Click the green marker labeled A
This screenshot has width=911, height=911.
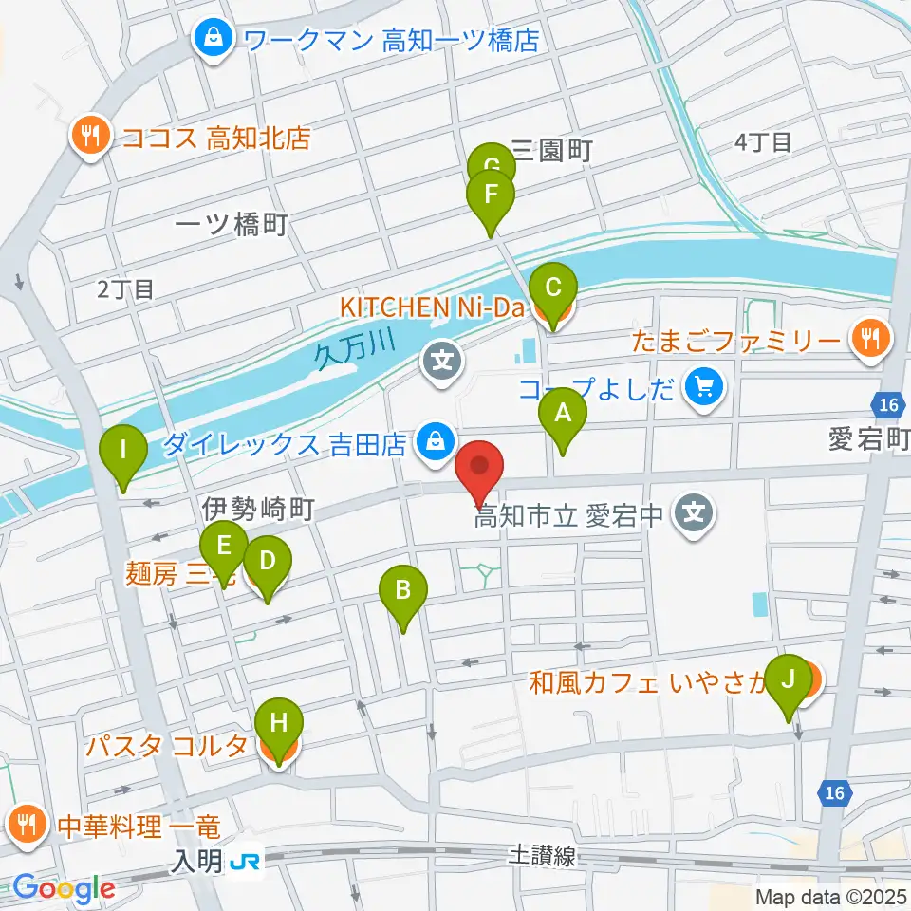point(563,415)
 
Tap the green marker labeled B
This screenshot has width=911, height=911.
point(403,592)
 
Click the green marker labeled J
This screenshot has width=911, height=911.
point(788,681)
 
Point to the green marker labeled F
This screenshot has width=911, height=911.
point(491,196)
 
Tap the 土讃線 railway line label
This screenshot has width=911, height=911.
point(541,857)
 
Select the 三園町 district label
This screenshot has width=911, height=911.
point(551,149)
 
